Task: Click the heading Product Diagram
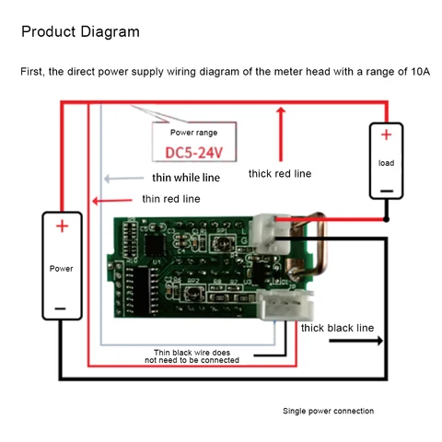pyautogui.click(x=80, y=32)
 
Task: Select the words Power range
pyautogui.click(x=193, y=133)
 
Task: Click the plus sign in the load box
pyautogui.click(x=387, y=135)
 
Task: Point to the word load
pyautogui.click(x=387, y=163)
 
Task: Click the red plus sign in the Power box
pyautogui.click(x=61, y=227)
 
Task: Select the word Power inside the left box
pyautogui.click(x=61, y=269)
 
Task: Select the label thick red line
pyautogui.click(x=280, y=173)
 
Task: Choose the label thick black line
pyautogui.click(x=337, y=327)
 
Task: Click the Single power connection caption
pyautogui.click(x=328, y=411)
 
